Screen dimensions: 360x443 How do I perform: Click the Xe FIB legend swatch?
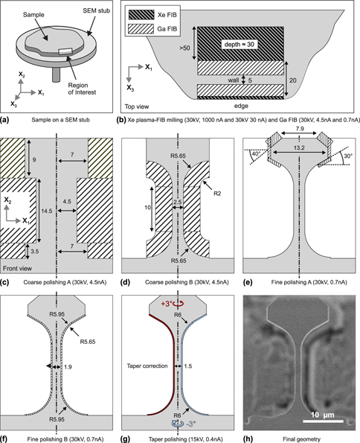coord(142,15)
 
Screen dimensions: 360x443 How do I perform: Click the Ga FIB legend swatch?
coord(142,29)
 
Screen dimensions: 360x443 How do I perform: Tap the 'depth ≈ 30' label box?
coord(240,44)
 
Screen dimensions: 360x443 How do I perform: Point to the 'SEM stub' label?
coord(96,10)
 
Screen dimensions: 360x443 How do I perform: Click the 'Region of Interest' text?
coord(82,89)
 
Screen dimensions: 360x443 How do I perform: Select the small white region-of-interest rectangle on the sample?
coord(65,51)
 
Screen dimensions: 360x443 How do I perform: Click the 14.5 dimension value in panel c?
coord(47,211)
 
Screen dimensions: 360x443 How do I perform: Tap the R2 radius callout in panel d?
coord(217,194)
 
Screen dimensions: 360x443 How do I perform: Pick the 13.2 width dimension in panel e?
coord(299,147)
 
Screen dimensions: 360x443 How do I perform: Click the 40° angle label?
coord(255,154)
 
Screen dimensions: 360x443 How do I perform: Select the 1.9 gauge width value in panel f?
coord(68,367)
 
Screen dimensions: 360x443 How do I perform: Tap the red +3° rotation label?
coord(167,304)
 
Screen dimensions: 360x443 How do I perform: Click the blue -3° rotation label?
coord(191,424)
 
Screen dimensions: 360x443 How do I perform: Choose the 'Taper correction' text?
coord(147,366)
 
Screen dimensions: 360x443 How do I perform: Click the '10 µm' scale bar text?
coord(323,415)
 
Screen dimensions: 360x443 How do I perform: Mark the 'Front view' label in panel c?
coord(18,268)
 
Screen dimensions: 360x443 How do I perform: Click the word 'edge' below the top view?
coord(241,106)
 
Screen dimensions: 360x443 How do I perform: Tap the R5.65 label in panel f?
coord(88,342)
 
